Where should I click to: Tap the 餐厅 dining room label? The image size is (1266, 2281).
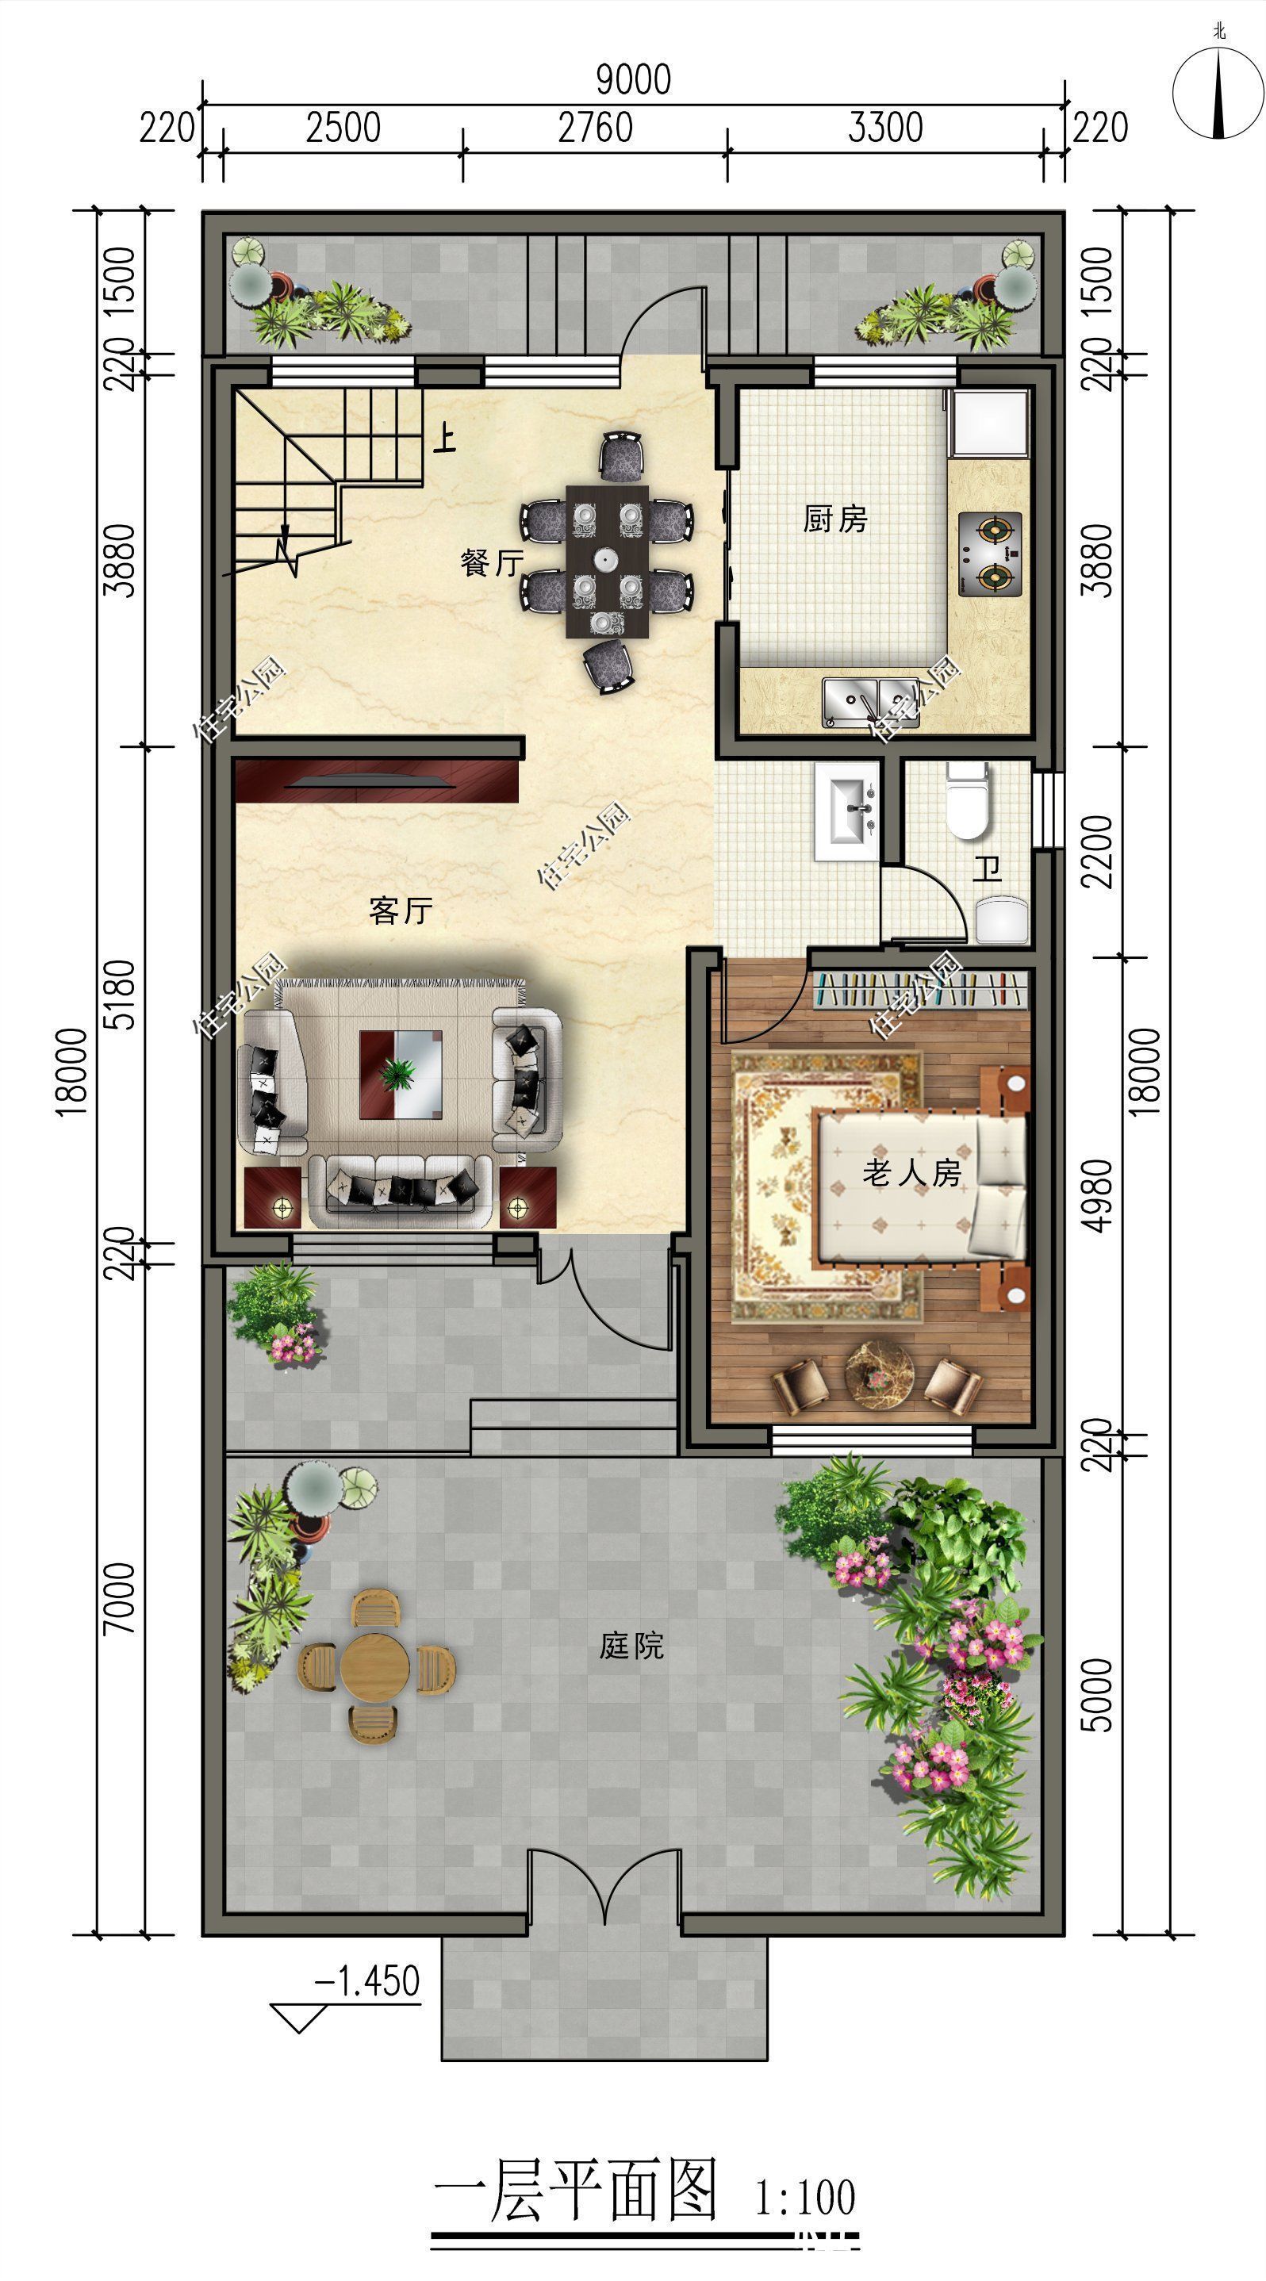[493, 562]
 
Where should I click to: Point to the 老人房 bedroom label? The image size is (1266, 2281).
[912, 1173]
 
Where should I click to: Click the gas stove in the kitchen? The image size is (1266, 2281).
[990, 554]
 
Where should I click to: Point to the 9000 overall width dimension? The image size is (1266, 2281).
[634, 79]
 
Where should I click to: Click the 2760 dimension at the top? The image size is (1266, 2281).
[596, 128]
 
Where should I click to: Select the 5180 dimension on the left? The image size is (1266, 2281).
[121, 994]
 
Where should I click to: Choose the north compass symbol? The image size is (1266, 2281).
[1219, 91]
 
